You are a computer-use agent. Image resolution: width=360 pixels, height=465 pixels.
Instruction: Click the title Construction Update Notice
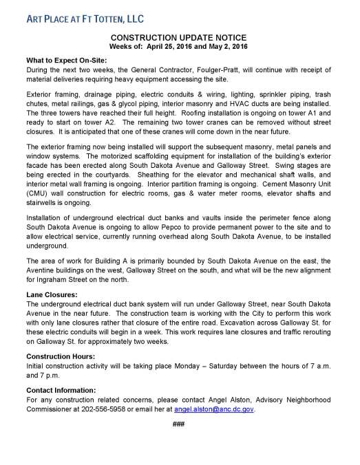coord(180,37)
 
